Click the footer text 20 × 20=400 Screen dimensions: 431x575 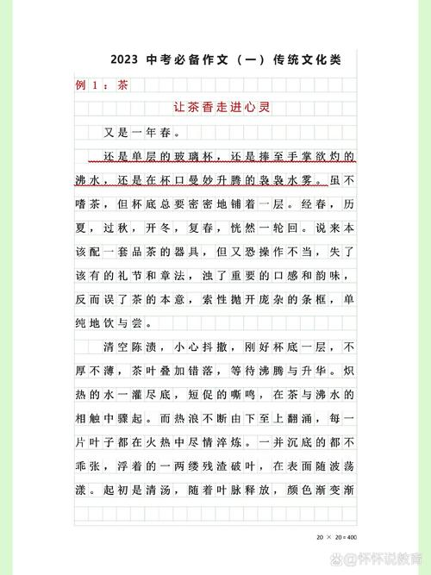click(335, 537)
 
